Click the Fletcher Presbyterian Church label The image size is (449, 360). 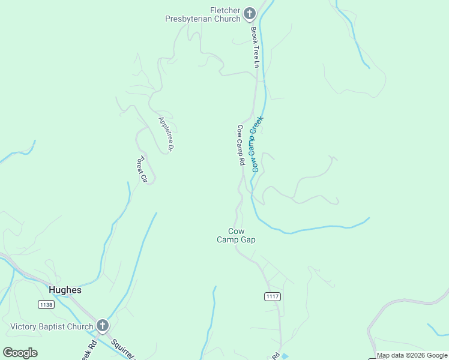(x=203, y=14)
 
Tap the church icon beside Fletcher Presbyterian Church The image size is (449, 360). (x=250, y=14)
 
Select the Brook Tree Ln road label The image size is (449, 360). (x=255, y=47)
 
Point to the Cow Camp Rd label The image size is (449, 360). (x=241, y=145)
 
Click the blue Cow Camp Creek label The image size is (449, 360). (x=257, y=144)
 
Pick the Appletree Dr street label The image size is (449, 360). (x=166, y=133)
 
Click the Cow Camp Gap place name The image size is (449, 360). (x=236, y=235)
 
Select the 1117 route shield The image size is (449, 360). (x=272, y=296)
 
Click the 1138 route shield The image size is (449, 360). (x=46, y=305)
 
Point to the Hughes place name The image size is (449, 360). (x=65, y=290)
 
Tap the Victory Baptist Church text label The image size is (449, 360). (x=52, y=327)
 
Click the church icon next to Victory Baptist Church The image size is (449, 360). (x=103, y=326)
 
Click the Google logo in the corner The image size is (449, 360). (x=20, y=353)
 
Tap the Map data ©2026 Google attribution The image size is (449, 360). (x=412, y=355)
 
